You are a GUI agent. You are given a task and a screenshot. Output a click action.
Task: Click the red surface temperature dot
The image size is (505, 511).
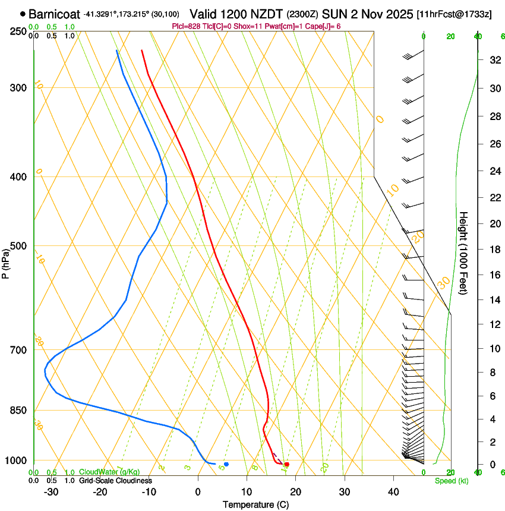(x=287, y=464)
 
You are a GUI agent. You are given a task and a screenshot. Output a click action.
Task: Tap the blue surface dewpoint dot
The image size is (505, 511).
(x=226, y=464)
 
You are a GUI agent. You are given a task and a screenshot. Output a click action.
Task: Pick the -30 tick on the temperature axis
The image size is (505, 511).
(x=51, y=492)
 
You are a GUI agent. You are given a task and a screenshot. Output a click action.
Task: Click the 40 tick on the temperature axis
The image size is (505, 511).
(x=393, y=492)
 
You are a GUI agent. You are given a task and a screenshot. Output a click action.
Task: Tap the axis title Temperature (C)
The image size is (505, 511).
(x=255, y=504)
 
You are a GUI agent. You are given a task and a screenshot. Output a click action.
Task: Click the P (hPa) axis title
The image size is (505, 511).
(x=6, y=260)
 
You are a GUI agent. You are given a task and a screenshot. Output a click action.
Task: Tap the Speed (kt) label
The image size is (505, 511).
(x=451, y=481)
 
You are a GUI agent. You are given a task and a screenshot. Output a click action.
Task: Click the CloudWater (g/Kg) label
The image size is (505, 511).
(x=109, y=472)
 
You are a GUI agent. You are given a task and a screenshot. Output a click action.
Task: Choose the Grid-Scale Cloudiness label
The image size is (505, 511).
(x=116, y=481)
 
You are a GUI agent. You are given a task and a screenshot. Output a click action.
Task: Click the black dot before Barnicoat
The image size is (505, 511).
(x=23, y=13)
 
